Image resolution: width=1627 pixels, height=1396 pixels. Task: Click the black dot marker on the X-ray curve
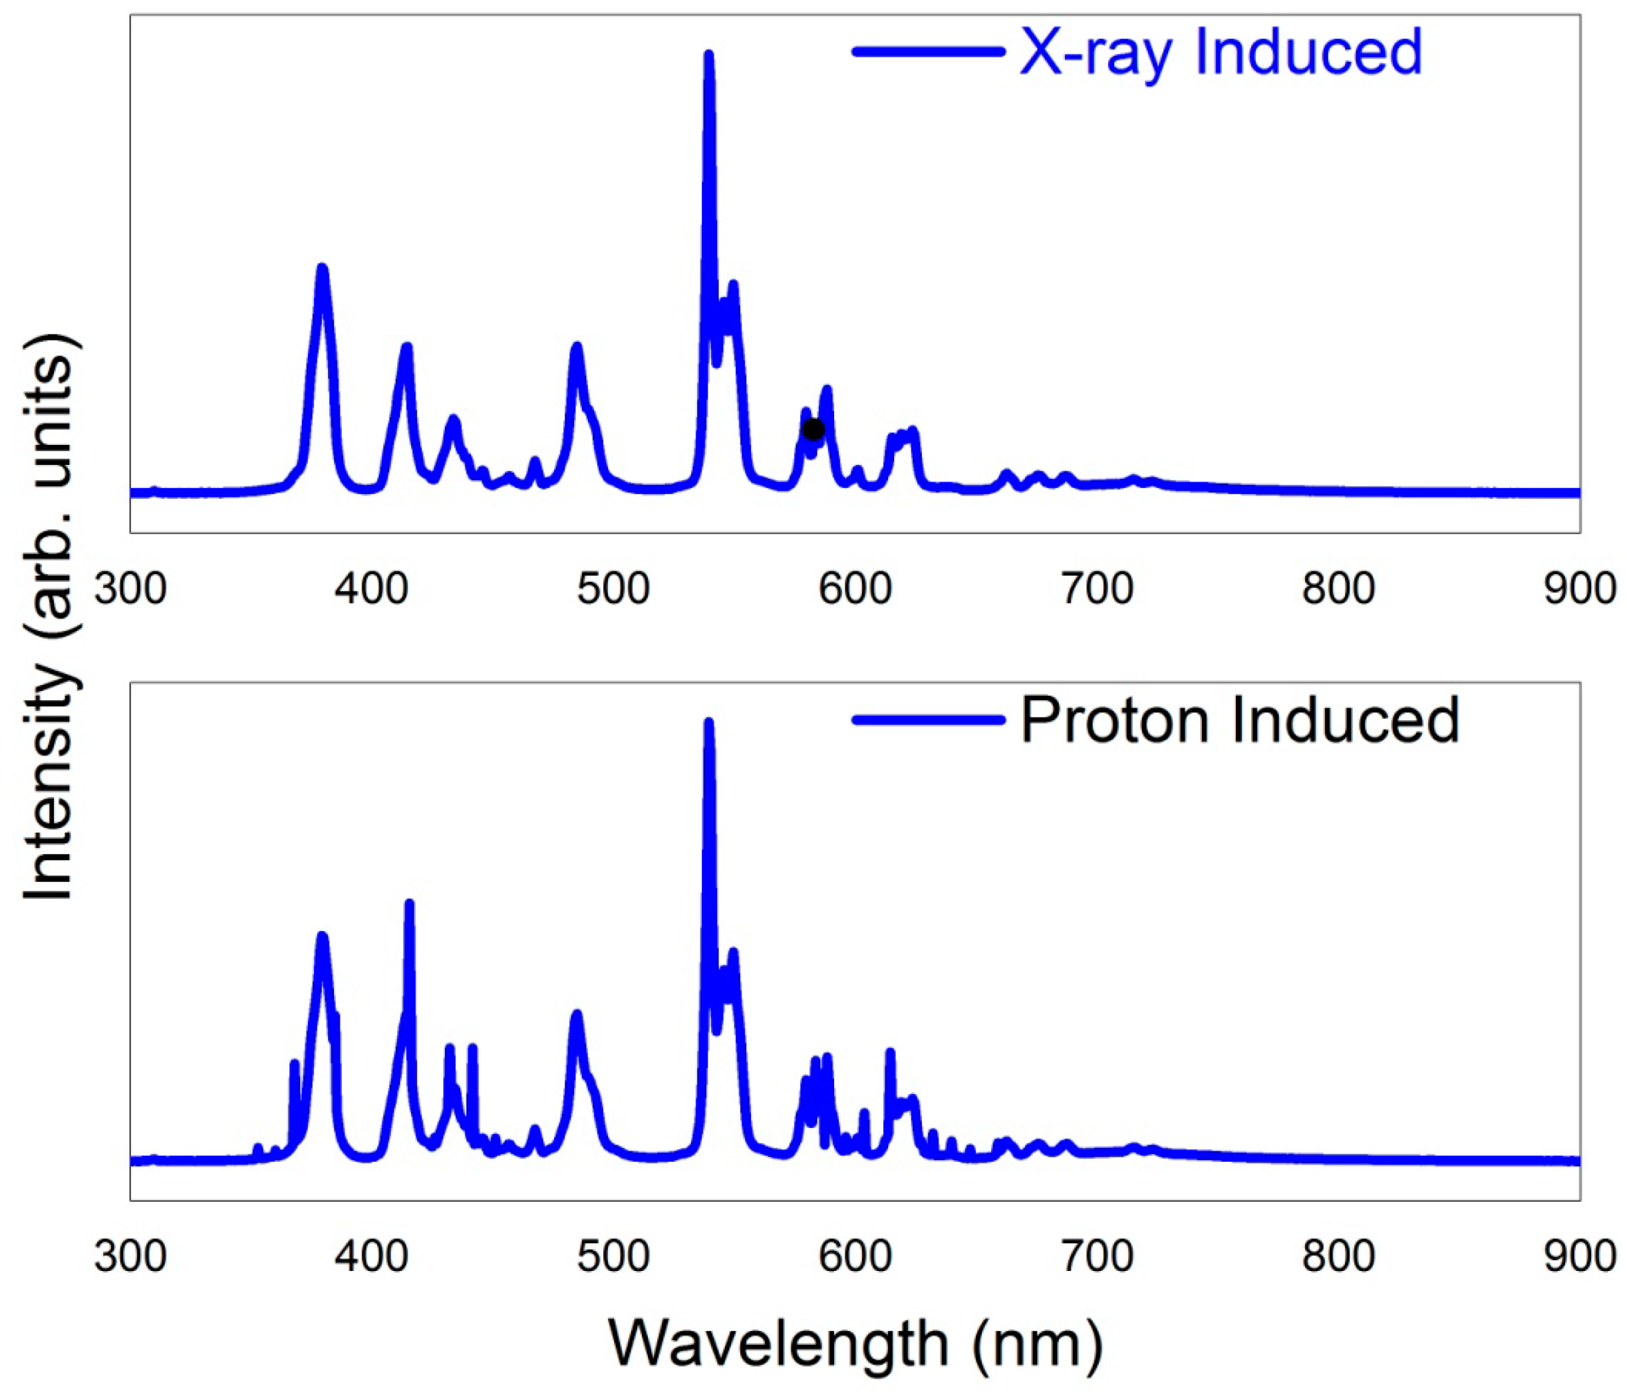pyautogui.click(x=813, y=430)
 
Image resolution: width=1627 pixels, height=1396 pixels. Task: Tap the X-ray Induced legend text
pyautogui.click(x=1220, y=53)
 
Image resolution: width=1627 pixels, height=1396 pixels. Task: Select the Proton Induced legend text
pyautogui.click(x=1239, y=720)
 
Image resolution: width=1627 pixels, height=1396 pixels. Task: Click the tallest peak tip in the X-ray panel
pyautogui.click(x=708, y=55)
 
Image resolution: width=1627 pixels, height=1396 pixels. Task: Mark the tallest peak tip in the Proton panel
pyautogui.click(x=708, y=722)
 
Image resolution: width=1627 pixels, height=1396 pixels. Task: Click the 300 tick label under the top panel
pyautogui.click(x=130, y=588)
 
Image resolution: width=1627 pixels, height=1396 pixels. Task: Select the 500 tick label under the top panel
pyautogui.click(x=613, y=588)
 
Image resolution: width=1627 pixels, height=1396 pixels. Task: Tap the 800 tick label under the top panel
pyautogui.click(x=1338, y=588)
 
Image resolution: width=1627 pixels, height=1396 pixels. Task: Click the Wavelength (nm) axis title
pyautogui.click(x=855, y=1343)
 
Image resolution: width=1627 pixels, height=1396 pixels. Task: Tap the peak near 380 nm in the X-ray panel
pyautogui.click(x=321, y=269)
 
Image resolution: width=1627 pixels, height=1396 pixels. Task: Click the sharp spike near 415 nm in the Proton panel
pyautogui.click(x=408, y=904)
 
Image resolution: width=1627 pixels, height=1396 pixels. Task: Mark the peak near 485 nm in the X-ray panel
pyautogui.click(x=576, y=347)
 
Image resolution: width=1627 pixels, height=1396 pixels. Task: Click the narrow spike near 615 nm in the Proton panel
pyautogui.click(x=890, y=1052)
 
